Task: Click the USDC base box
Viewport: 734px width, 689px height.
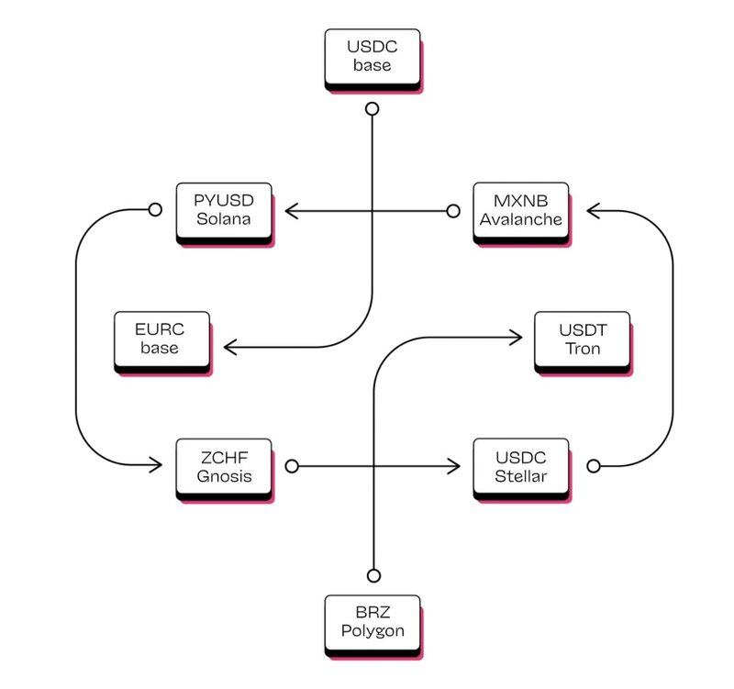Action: (372, 57)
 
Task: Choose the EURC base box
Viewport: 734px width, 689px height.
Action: (161, 339)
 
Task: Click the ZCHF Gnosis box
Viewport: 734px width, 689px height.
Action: (223, 467)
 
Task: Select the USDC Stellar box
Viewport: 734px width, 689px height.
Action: (520, 467)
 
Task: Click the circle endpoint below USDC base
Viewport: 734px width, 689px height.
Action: (372, 109)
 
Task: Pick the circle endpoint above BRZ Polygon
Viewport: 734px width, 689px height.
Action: (373, 575)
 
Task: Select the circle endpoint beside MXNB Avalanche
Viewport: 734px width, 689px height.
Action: (452, 211)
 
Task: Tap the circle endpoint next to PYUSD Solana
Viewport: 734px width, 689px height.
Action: (155, 210)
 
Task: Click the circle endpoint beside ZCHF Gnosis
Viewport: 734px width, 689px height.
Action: (292, 466)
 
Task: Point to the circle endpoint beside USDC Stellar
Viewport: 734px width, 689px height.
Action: (593, 466)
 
